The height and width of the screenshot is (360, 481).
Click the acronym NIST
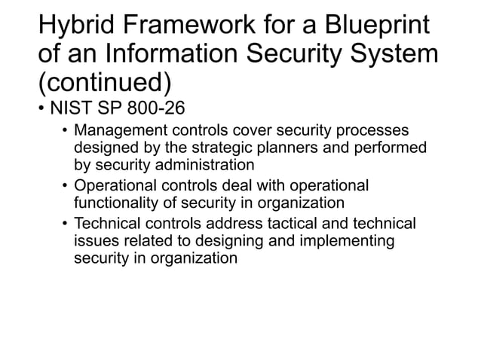(72, 108)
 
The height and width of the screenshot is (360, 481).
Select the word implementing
(351, 241)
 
